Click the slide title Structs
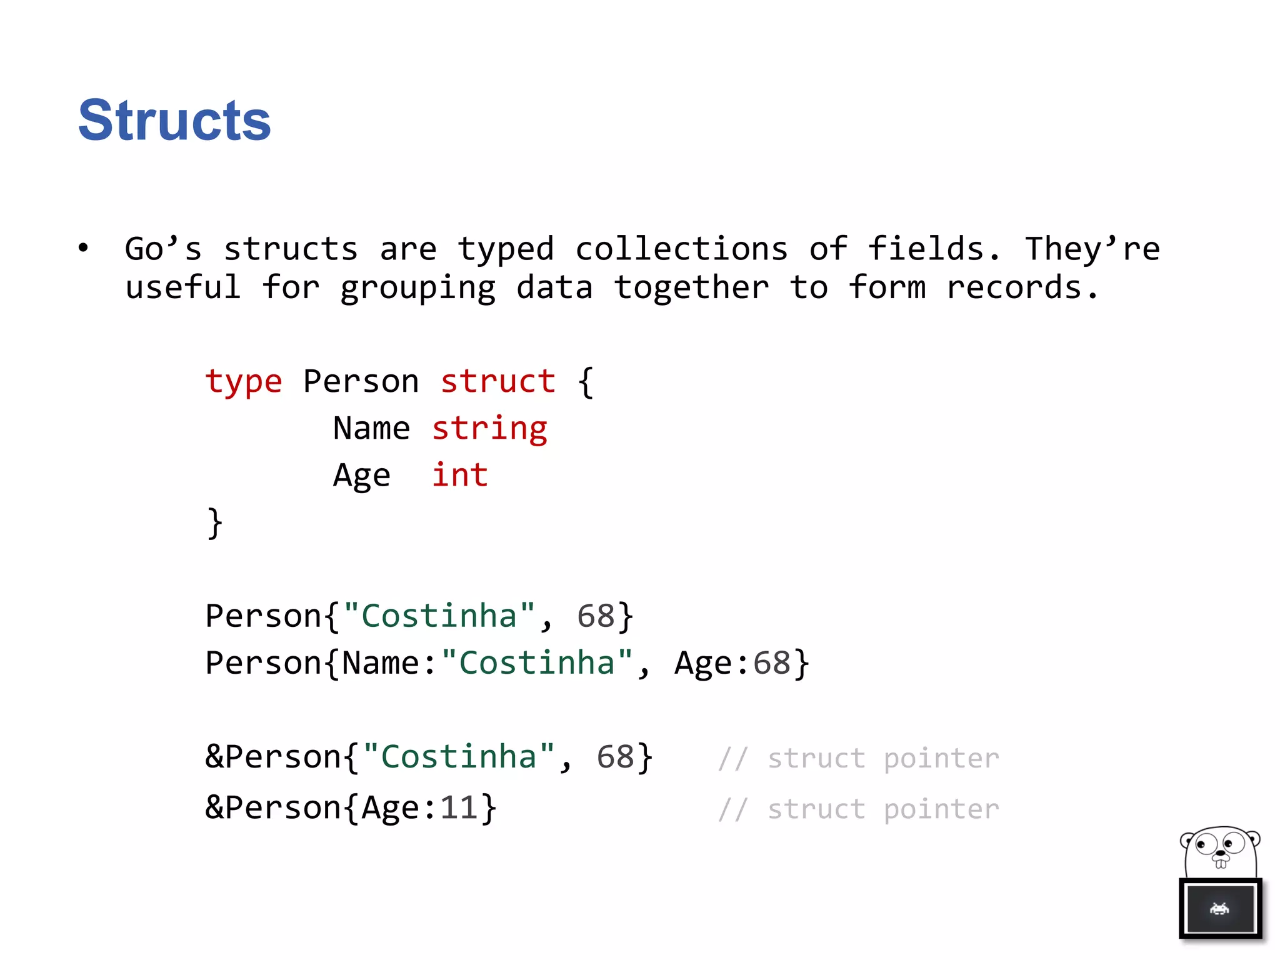click(x=174, y=120)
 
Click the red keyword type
click(x=244, y=382)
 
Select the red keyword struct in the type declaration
click(x=498, y=382)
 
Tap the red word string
click(x=489, y=429)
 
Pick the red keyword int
click(x=460, y=476)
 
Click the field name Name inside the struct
click(x=371, y=429)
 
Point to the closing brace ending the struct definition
click(x=214, y=523)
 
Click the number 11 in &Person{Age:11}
click(x=459, y=808)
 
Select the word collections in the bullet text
click(x=681, y=249)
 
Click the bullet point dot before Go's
click(x=83, y=248)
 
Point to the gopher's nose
click(x=1219, y=852)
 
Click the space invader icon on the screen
click(x=1219, y=909)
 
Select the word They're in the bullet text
click(x=1092, y=249)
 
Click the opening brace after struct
click(x=586, y=382)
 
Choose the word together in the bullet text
click(x=691, y=288)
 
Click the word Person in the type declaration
click(x=361, y=382)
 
